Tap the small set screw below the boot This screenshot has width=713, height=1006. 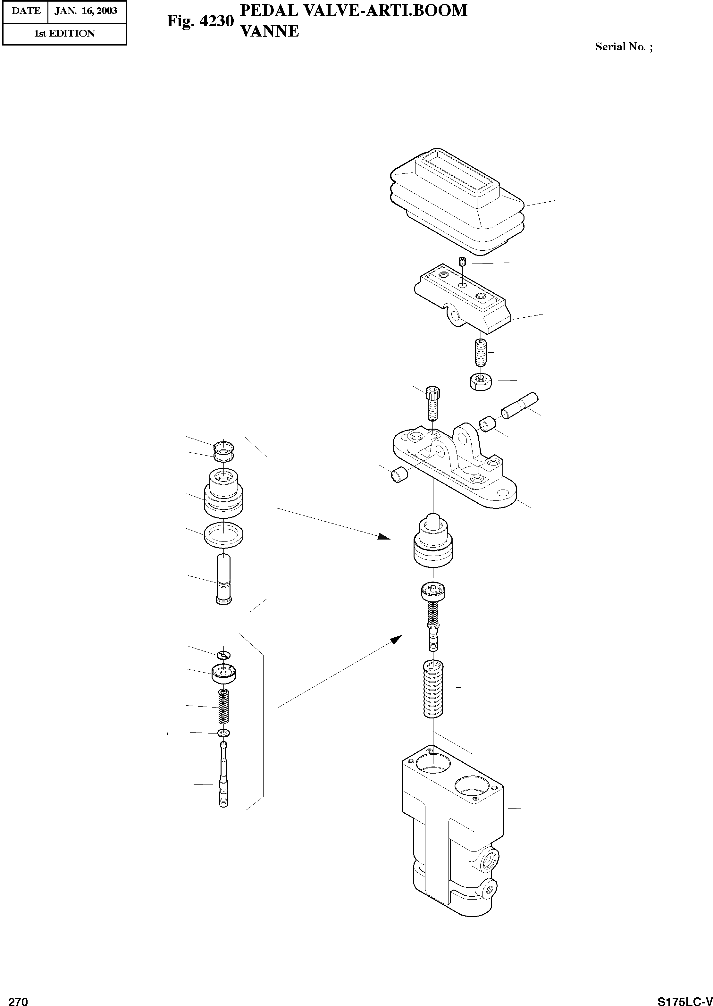462,263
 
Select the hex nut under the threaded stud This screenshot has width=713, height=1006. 481,382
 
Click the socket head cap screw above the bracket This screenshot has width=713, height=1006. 433,403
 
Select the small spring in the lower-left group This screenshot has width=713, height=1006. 223,706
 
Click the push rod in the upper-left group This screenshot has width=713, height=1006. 223,579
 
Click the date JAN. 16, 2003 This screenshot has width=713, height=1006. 86,11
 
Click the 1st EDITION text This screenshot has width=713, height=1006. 64,34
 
